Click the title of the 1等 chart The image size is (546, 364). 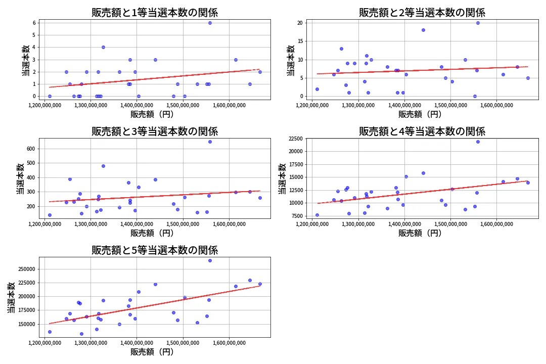155,13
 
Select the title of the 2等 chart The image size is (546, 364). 422,13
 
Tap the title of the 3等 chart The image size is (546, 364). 155,131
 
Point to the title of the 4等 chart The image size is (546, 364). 422,131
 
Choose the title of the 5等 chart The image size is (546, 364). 155,250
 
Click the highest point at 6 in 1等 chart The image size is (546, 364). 210,23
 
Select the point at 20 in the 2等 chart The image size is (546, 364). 478,23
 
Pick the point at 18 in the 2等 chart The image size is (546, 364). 423,30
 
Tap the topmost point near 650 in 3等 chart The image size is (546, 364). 210,142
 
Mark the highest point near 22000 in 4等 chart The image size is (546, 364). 478,142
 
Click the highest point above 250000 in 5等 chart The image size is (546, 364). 210,260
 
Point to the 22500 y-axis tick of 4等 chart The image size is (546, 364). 294,139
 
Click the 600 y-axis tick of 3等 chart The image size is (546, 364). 30,149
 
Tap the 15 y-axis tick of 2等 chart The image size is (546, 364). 300,41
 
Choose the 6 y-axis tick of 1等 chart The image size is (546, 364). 33,23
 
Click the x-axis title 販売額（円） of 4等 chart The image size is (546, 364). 420,233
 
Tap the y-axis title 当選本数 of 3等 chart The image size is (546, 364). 20,178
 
